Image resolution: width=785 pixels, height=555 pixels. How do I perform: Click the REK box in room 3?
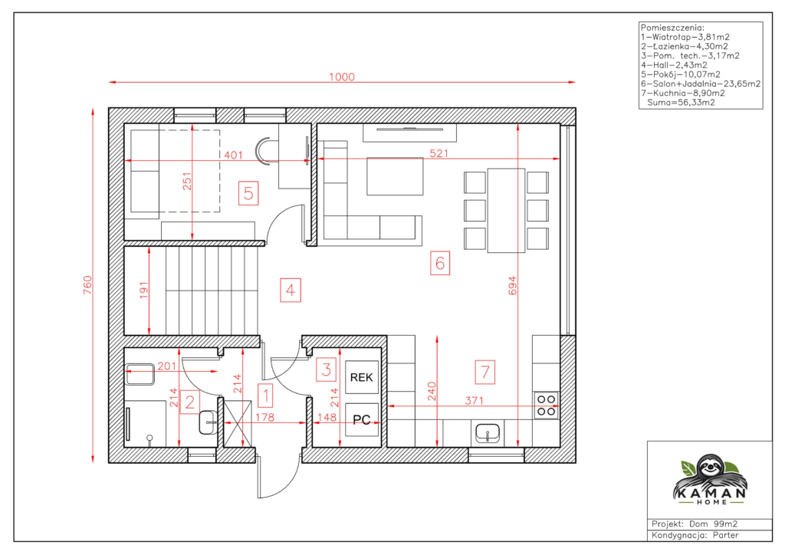pyautogui.click(x=362, y=377)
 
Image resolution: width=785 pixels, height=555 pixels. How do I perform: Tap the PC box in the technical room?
pyautogui.click(x=362, y=419)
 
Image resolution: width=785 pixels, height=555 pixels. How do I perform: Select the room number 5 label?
pyautogui.click(x=248, y=193)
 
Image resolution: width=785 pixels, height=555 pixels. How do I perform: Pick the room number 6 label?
pyautogui.click(x=440, y=263)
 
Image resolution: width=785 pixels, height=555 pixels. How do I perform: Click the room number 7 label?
pyautogui.click(x=484, y=372)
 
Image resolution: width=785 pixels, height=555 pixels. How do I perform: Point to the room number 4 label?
pyautogui.click(x=291, y=291)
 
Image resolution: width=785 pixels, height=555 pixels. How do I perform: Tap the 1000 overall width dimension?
pyautogui.click(x=342, y=77)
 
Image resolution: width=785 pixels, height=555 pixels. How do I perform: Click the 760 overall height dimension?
pyautogui.click(x=87, y=284)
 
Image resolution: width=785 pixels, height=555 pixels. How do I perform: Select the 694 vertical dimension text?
pyautogui.click(x=512, y=285)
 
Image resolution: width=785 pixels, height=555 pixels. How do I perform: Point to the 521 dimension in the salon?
pyautogui.click(x=439, y=153)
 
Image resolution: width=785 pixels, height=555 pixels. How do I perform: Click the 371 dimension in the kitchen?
pyautogui.click(x=474, y=400)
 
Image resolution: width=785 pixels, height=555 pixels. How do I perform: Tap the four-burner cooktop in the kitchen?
pyautogui.click(x=546, y=406)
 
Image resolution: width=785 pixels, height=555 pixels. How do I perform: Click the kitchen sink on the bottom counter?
pyautogui.click(x=487, y=433)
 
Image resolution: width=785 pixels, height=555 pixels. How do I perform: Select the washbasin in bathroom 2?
pyautogui.click(x=208, y=422)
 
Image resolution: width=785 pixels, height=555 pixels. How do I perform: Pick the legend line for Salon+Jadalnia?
pyautogui.click(x=701, y=84)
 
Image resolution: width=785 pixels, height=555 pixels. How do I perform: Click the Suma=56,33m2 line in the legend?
pyautogui.click(x=681, y=103)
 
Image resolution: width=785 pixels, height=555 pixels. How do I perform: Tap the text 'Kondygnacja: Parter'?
pyautogui.click(x=695, y=535)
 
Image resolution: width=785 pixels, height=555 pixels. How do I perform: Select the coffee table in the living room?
pyautogui.click(x=395, y=176)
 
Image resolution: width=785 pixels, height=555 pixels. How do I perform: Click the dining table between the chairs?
pyautogui.click(x=506, y=210)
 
